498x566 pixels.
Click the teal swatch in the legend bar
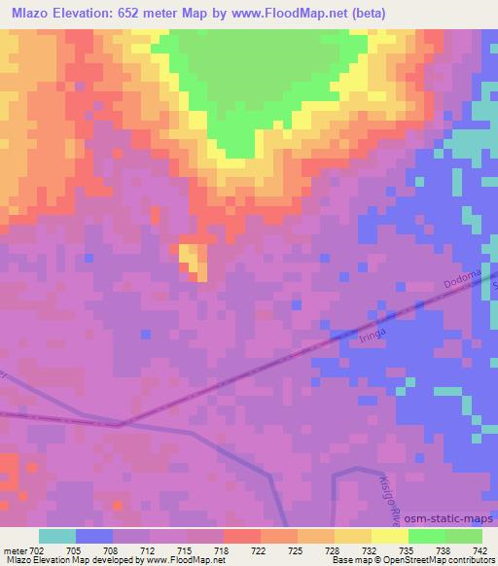point(56,536)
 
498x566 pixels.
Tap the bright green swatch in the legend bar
point(426,536)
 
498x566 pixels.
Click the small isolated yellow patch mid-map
point(192,259)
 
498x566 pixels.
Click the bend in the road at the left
point(119,424)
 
